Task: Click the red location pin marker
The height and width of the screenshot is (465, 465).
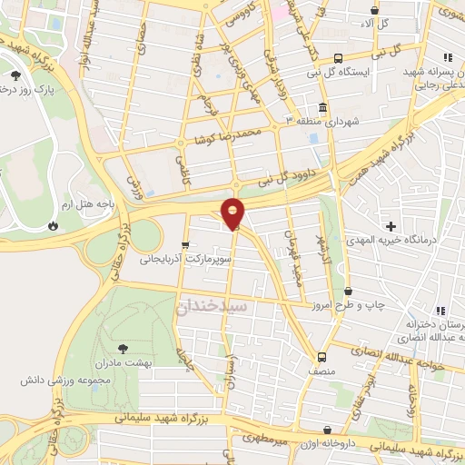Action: click(x=233, y=213)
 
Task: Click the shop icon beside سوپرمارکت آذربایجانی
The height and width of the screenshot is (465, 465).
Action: click(x=186, y=244)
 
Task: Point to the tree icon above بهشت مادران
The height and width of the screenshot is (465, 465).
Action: click(x=124, y=348)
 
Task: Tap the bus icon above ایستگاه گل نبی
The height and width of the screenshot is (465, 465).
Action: click(x=338, y=56)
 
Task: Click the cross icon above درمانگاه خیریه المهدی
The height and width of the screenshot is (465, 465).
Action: click(x=391, y=225)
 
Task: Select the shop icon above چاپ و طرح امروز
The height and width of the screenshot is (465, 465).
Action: click(x=349, y=291)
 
